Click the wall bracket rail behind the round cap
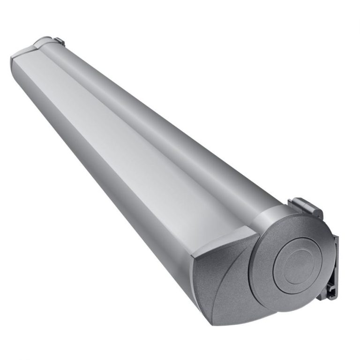click(x=332, y=262)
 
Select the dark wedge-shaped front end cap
click(x=220, y=281)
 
